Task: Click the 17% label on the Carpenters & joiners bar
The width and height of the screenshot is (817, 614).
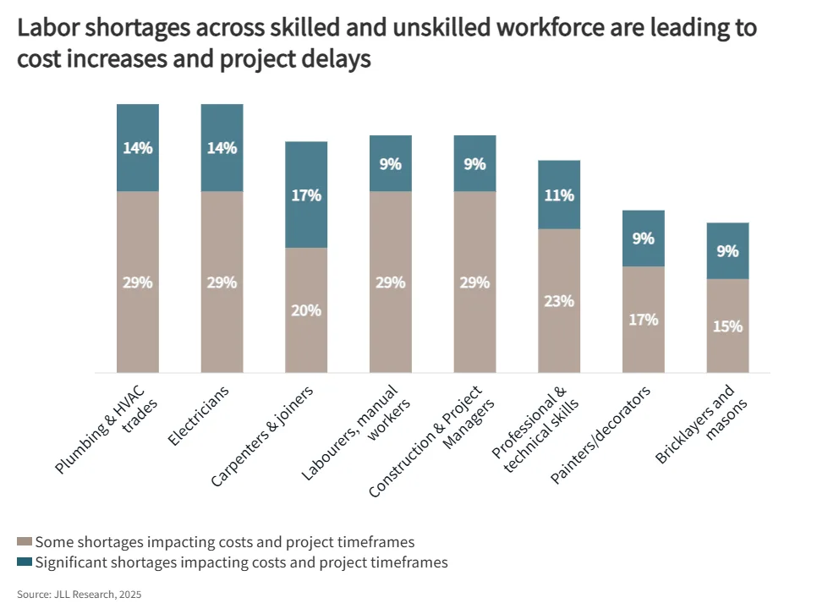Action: click(306, 195)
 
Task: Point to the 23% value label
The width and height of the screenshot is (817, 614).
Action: click(559, 300)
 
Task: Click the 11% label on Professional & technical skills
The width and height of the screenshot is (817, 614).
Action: click(559, 195)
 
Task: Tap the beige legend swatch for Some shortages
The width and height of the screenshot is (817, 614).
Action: click(25, 542)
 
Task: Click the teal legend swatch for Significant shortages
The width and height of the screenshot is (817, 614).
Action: click(25, 562)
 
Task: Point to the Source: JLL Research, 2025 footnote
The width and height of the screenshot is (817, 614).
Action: click(79, 595)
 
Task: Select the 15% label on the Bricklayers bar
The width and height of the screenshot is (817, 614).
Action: click(727, 326)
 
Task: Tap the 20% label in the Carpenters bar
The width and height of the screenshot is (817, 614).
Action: click(306, 310)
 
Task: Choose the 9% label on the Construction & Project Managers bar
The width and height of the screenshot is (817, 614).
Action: click(474, 164)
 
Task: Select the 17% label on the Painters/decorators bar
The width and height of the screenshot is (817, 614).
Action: click(644, 320)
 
